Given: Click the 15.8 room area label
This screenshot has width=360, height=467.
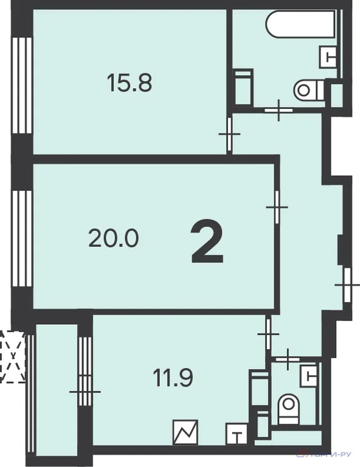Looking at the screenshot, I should click(x=129, y=83).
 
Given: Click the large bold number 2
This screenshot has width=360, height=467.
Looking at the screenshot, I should click(x=207, y=241).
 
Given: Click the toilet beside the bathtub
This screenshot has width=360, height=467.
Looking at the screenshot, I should click(x=308, y=91).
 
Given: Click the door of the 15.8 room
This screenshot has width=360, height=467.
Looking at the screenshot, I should click(x=229, y=134).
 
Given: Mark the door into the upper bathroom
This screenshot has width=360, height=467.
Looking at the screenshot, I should click(x=280, y=110).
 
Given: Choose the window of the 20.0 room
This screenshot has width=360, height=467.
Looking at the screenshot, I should click(x=22, y=240).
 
